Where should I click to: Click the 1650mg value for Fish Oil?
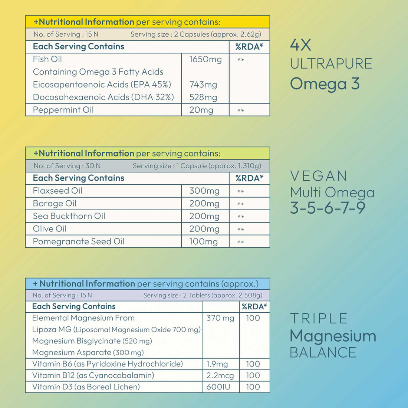click(x=205, y=59)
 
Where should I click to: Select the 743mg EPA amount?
click(x=203, y=85)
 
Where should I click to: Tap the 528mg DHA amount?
click(x=203, y=97)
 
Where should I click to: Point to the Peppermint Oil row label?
click(x=63, y=110)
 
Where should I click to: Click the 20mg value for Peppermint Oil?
click(x=201, y=110)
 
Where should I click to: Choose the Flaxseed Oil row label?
click(x=57, y=191)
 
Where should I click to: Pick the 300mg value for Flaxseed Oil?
click(x=204, y=191)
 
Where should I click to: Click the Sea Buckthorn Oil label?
click(x=69, y=216)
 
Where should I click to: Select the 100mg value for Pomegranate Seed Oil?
click(x=203, y=242)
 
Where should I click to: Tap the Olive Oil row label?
click(x=50, y=229)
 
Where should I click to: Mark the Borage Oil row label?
click(x=55, y=203)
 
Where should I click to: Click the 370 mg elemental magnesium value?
click(x=220, y=318)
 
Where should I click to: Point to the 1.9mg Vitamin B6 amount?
click(x=217, y=364)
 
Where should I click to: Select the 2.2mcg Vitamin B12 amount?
click(x=220, y=376)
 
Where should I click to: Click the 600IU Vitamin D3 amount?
click(x=218, y=387)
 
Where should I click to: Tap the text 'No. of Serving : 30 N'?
click(x=67, y=166)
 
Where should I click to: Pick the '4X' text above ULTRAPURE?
click(x=300, y=45)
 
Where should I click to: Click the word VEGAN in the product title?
click(x=319, y=176)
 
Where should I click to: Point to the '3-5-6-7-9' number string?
click(x=328, y=208)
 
